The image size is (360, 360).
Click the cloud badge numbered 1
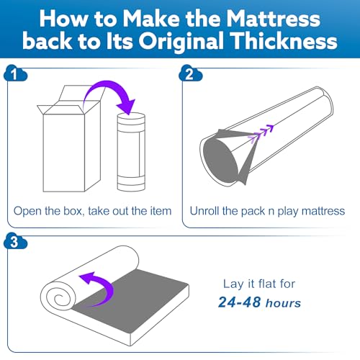(15, 73)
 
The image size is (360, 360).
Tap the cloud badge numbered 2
(190, 73)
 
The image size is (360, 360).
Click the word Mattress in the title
(273, 19)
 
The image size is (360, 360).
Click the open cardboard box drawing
(71, 139)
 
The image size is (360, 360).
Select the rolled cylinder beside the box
(131, 152)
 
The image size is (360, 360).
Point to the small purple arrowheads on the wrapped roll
(261, 133)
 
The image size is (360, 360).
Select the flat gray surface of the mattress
(135, 300)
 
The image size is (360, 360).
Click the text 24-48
(240, 302)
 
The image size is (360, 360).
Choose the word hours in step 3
(283, 303)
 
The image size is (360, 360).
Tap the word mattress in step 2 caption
(323, 211)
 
